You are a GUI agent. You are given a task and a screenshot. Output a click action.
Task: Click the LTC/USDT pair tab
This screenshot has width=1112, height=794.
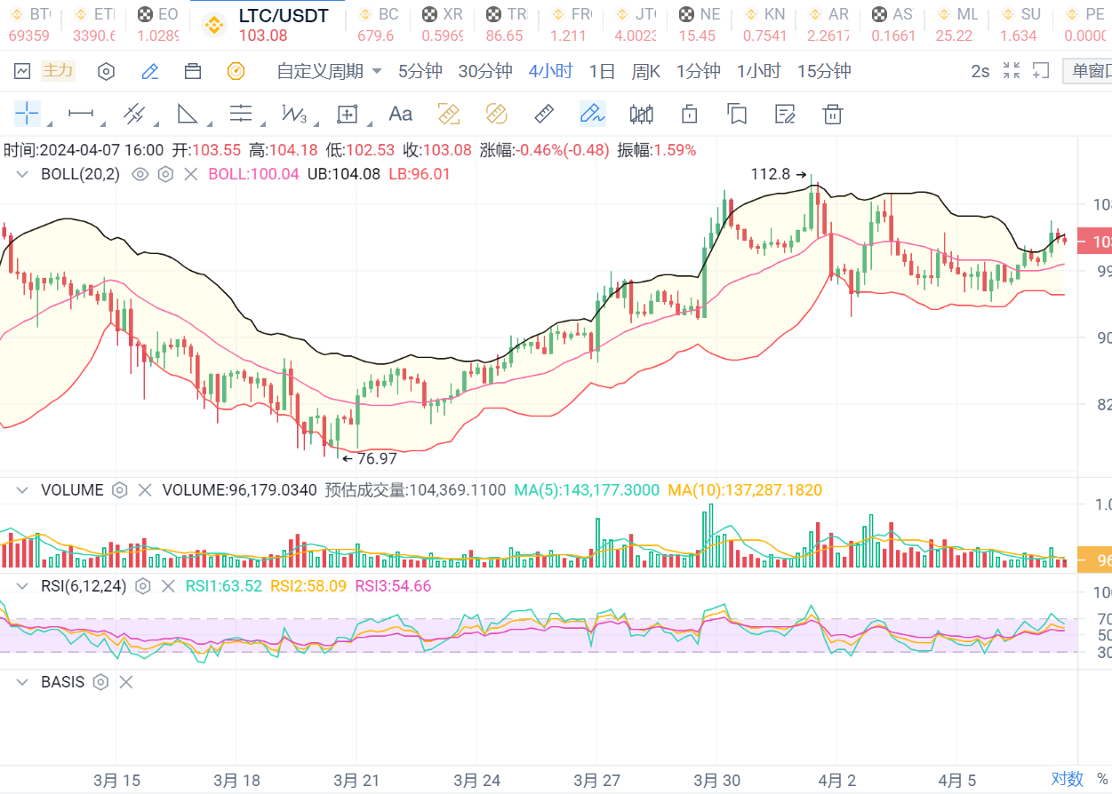pos(283,16)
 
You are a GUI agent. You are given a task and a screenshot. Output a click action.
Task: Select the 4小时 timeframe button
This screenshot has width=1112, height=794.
pos(550,71)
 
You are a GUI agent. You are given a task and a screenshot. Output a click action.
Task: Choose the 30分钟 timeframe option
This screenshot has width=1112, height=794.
pos(485,71)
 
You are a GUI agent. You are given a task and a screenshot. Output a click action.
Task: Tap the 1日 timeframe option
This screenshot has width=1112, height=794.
pos(602,71)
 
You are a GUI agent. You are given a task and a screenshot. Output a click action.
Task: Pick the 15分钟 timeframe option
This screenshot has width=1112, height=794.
pos(824,71)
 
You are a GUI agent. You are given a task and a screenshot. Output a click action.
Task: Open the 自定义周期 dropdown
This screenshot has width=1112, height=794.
pos(328,71)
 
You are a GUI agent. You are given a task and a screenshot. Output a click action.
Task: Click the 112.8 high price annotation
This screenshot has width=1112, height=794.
pos(770,174)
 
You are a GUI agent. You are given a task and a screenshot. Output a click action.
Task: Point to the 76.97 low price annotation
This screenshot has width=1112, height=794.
pos(377,459)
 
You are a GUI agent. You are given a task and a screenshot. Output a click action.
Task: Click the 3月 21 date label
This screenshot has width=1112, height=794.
pos(356,781)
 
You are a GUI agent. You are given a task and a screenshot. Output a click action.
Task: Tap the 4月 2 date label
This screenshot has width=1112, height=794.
pos(836,781)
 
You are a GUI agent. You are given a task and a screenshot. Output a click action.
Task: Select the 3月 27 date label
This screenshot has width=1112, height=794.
pos(596,781)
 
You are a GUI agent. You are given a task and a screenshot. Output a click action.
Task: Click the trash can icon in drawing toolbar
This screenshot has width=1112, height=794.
pos(832,114)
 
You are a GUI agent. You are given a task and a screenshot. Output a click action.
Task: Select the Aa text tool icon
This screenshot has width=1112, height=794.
pos(401,114)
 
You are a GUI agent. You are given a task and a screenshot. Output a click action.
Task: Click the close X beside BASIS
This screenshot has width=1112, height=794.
pos(126,682)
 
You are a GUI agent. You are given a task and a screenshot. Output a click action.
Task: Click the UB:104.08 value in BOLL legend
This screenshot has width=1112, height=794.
pos(343,174)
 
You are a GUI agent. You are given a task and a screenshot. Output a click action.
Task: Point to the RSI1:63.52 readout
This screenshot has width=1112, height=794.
pos(223,586)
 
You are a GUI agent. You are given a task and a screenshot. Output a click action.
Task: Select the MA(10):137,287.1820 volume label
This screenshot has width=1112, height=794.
pos(745,490)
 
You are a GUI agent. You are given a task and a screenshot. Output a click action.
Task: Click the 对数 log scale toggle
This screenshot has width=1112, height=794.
pos(1067,779)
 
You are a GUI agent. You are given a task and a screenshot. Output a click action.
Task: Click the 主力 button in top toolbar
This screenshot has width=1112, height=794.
pos(59,70)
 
